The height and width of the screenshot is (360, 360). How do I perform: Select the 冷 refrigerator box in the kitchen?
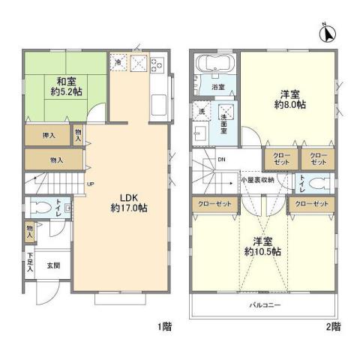[x=118, y=63]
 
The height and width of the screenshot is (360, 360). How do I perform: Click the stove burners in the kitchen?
[x=157, y=64]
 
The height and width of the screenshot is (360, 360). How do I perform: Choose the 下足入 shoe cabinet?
[x=31, y=262]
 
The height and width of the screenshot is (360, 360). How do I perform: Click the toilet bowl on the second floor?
[x=319, y=183]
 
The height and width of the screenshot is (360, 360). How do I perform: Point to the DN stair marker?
[x=221, y=159]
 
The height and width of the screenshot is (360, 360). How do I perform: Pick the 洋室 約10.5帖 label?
[x=261, y=247]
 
